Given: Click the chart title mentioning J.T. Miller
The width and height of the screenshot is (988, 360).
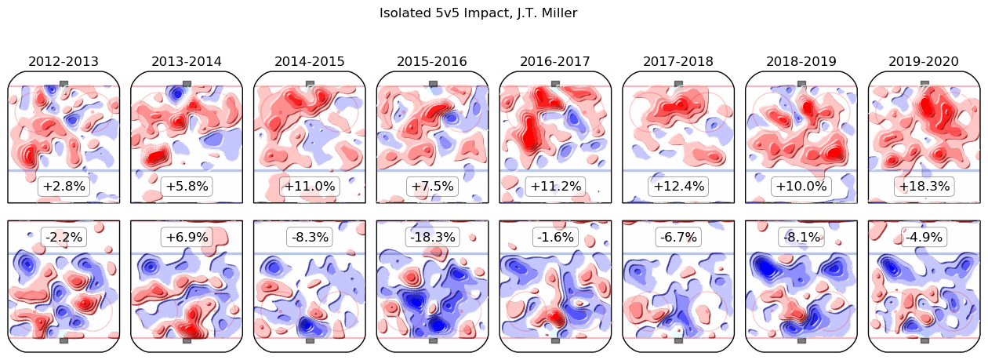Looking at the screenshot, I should coord(478,13).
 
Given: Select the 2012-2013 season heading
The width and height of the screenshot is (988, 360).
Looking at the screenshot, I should coord(64,61).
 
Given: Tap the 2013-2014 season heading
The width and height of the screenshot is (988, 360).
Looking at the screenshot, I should coord(187,61).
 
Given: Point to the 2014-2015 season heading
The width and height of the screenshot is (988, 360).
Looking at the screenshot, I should coord(310,61).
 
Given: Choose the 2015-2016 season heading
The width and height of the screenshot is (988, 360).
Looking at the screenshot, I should coord(432,61).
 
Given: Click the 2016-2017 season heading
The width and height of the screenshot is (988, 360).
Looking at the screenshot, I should coord(555,61).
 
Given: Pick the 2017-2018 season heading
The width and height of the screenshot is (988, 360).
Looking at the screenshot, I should coord(678,61).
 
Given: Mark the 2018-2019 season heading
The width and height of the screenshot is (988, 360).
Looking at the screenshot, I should coord(801,61).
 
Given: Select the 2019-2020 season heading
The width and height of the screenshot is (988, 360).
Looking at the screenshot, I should coord(924,61).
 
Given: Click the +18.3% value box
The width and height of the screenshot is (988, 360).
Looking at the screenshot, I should coord(924,187).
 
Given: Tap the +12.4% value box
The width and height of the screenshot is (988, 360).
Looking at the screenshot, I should coord(678,187).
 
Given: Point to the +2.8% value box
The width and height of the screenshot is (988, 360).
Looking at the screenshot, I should coord(64,187).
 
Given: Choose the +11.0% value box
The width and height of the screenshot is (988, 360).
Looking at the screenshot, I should coord(310,187).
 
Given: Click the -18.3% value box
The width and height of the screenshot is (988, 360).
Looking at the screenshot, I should coord(432,236).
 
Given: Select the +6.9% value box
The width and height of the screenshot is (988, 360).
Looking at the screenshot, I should coord(187,236).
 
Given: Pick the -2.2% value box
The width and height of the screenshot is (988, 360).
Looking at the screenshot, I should coord(64,236).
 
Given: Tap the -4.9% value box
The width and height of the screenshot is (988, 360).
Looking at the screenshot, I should coord(924,236).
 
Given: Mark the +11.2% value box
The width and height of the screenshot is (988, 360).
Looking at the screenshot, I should coord(555,187).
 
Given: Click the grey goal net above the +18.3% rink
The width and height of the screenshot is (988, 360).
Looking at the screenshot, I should coord(924,83).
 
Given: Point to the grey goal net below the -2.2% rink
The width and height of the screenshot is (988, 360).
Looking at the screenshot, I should coord(64,340).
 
